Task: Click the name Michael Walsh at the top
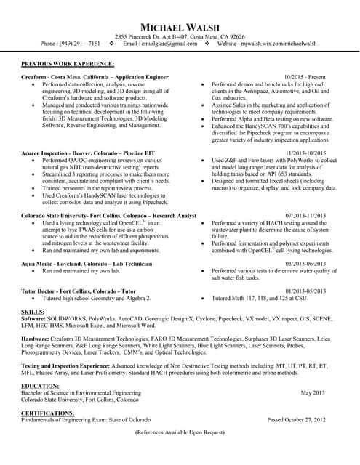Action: (x=180, y=26)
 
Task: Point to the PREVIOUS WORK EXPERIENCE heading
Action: (x=67, y=65)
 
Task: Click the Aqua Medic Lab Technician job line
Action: (x=87, y=263)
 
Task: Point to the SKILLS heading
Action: (x=34, y=311)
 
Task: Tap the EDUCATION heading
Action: (x=40, y=386)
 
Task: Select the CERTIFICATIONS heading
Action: (x=49, y=413)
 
